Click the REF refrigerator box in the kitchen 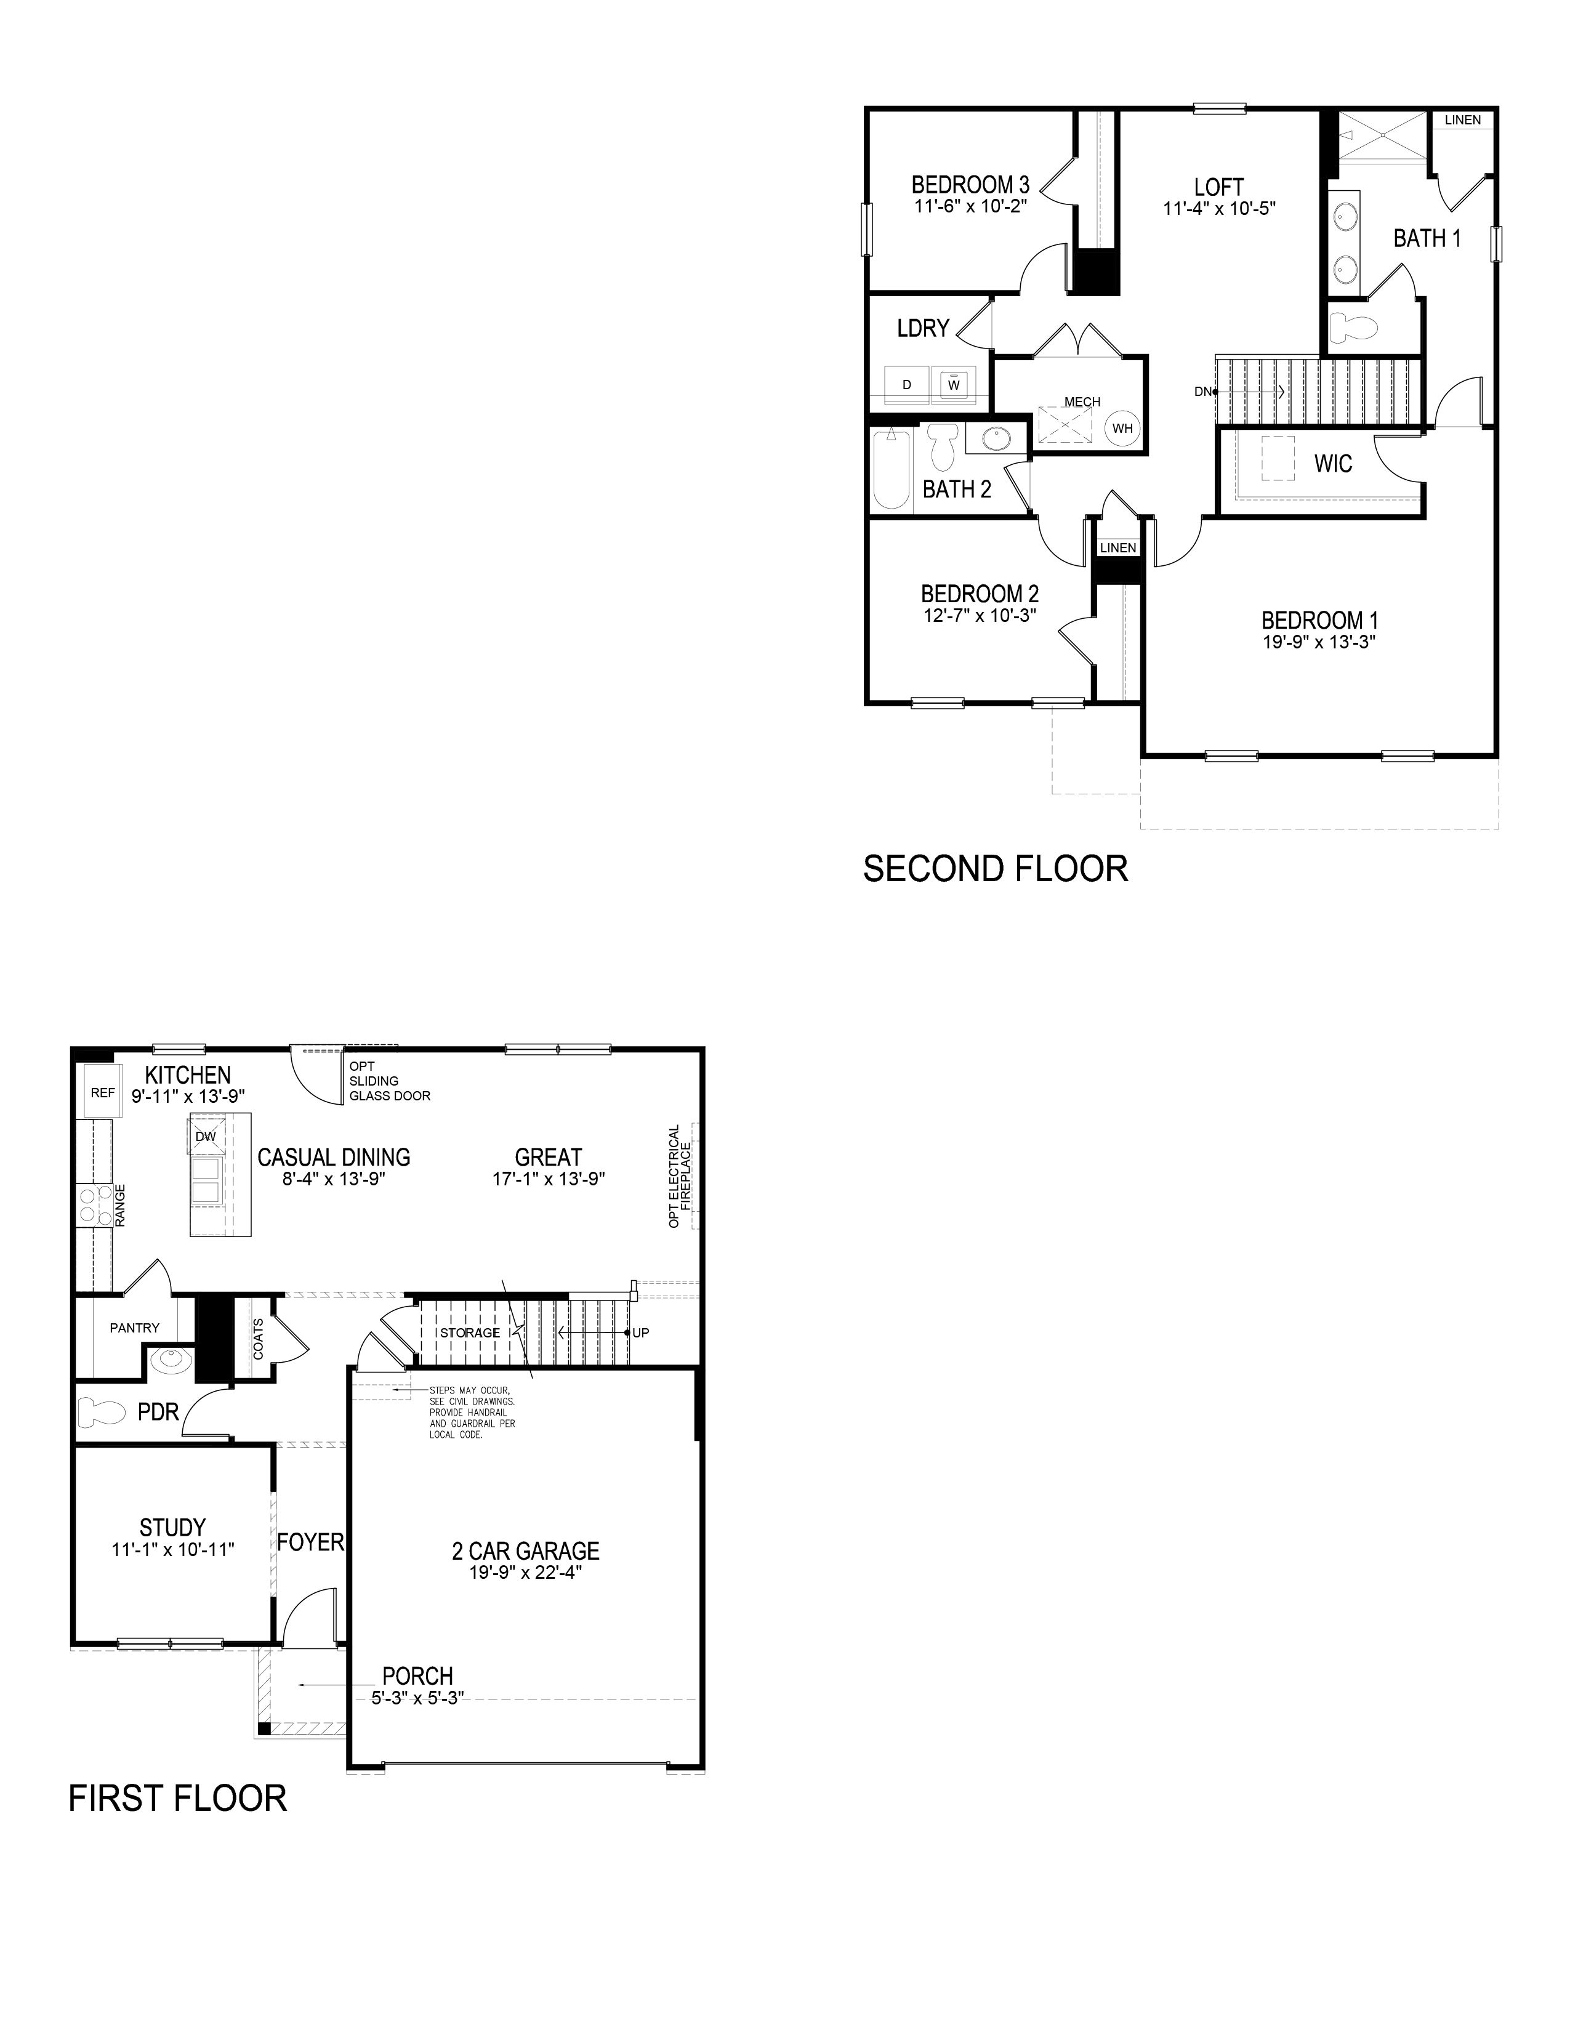click(102, 1092)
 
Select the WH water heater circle click(1122, 428)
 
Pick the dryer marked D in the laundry click(907, 384)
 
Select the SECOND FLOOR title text click(995, 868)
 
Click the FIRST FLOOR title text click(178, 1797)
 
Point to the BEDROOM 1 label click(1320, 619)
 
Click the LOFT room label click(1218, 187)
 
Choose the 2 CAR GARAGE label click(526, 1551)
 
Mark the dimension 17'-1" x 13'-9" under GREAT click(549, 1179)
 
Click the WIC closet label click(1333, 463)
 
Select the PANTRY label click(135, 1328)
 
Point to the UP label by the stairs click(641, 1332)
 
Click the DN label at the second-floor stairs click(1202, 392)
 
